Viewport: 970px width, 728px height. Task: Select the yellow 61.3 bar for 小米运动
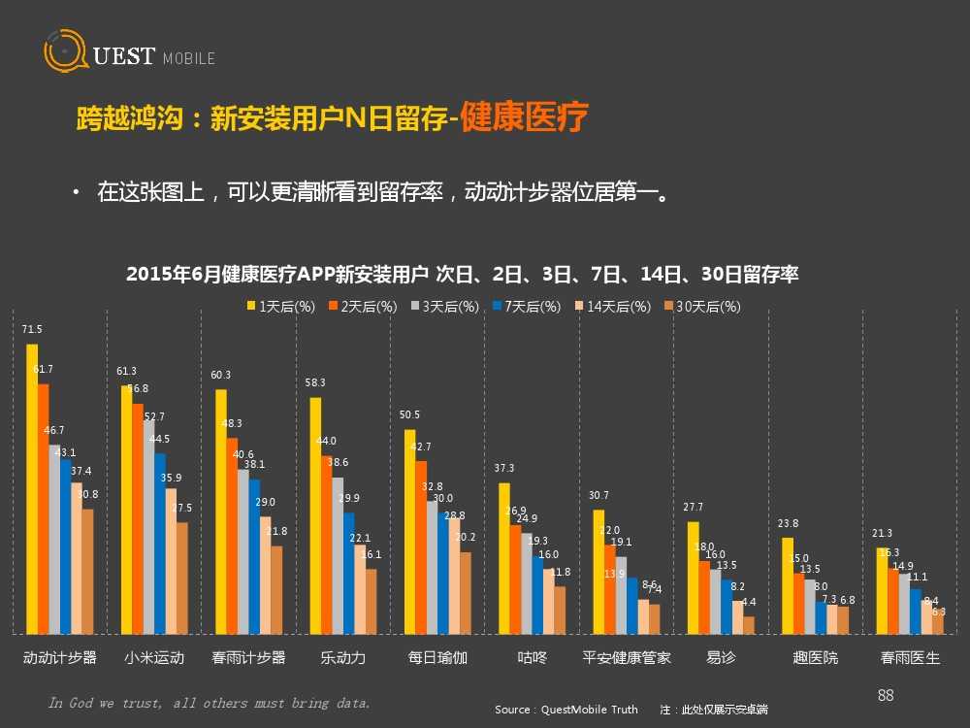126,509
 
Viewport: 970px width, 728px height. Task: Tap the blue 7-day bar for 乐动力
348,573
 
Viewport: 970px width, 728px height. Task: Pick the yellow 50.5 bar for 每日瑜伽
409,531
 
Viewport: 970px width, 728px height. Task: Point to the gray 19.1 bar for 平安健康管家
621,594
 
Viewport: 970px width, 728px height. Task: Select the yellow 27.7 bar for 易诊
693,578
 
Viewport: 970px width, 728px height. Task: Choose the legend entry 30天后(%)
702,307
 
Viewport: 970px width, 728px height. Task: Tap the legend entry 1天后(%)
280,307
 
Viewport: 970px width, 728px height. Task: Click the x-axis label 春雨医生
910,658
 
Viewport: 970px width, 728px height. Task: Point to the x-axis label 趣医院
816,658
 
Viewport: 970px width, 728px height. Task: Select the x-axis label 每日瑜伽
437,658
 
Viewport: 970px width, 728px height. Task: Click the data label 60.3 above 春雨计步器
221,375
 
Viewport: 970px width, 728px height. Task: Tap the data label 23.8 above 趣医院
788,524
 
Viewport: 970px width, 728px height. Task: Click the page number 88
885,695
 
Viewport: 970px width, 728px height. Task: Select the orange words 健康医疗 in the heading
524,118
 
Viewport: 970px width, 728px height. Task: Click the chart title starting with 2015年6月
463,275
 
